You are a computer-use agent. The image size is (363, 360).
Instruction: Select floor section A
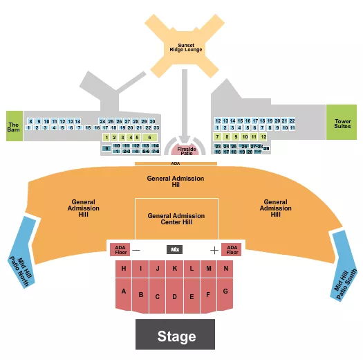click(x=124, y=291)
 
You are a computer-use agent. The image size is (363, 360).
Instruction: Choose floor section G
click(x=225, y=291)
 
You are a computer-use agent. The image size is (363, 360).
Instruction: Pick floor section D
click(x=175, y=297)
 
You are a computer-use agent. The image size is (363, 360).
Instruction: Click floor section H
click(x=124, y=268)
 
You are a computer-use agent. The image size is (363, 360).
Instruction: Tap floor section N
click(x=225, y=268)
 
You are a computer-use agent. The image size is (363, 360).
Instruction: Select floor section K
click(x=175, y=268)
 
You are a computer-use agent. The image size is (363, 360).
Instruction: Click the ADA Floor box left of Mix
click(x=120, y=249)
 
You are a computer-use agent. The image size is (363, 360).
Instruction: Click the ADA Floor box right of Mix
click(x=232, y=249)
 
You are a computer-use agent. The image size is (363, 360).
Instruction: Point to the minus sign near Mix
click(x=136, y=249)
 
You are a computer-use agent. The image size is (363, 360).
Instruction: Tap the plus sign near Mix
click(x=214, y=249)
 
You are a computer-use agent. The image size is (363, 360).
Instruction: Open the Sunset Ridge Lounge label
click(x=184, y=49)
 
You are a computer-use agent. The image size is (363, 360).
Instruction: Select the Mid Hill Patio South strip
click(x=345, y=263)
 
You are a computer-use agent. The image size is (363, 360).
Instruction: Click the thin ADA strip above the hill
click(x=175, y=164)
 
